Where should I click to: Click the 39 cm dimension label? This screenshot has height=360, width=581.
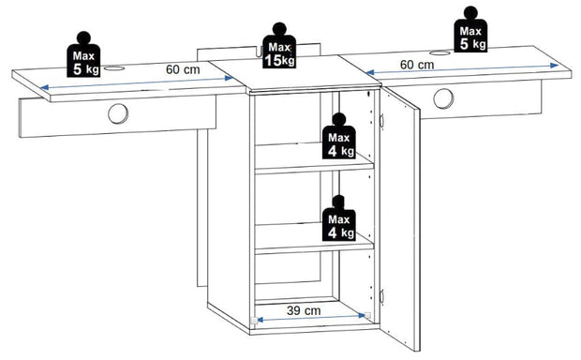click(x=304, y=310)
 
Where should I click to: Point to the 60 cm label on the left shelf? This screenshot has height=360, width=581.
click(x=183, y=69)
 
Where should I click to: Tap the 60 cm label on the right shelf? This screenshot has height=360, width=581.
click(x=417, y=65)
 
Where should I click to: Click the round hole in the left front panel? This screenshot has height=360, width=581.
click(x=118, y=113)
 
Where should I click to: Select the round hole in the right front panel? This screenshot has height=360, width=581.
click(x=443, y=98)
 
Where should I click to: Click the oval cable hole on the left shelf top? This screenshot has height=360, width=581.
click(x=114, y=68)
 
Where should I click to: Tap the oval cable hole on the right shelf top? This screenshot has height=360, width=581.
click(x=440, y=53)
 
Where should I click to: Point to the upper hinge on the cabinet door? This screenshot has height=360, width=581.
click(x=381, y=121)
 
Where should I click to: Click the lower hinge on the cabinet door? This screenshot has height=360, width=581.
click(x=381, y=297)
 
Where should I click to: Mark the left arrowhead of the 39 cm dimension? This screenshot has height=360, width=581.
click(x=261, y=319)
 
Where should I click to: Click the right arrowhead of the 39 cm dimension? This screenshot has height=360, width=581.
click(x=362, y=316)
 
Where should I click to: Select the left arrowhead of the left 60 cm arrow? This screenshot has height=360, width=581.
click(x=45, y=87)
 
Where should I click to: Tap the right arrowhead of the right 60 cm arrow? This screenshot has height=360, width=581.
click(x=555, y=66)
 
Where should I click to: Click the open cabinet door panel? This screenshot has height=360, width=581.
click(x=400, y=218)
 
